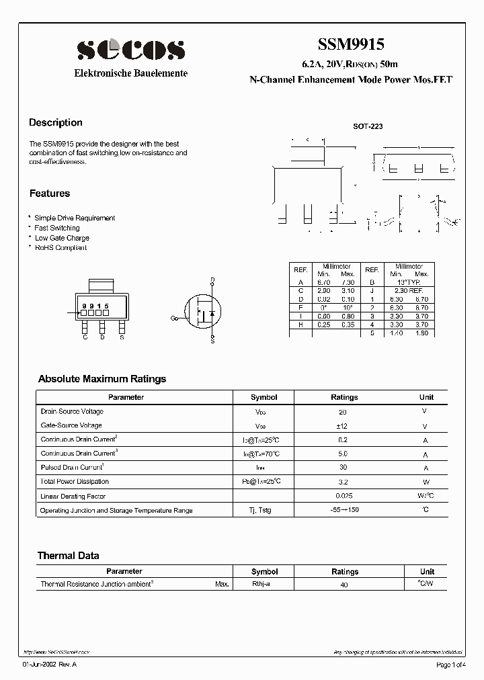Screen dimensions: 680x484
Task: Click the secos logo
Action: (130, 50)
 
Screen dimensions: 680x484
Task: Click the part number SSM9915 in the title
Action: (351, 45)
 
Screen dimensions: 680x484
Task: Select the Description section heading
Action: (56, 123)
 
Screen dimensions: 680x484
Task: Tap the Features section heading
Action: (50, 194)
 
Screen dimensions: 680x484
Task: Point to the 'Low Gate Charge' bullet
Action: (62, 238)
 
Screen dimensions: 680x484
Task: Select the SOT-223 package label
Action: (368, 126)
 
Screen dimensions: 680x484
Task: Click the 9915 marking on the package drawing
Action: (95, 306)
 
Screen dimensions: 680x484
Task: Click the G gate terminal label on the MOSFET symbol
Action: (173, 318)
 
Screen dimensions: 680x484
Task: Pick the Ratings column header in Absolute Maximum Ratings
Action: (345, 397)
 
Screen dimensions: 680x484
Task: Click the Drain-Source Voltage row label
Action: (72, 411)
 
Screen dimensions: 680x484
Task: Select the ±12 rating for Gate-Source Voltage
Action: (344, 426)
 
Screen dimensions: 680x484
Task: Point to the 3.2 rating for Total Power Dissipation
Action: (344, 482)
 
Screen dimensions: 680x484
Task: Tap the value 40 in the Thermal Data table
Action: (344, 585)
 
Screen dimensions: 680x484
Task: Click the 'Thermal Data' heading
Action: (68, 556)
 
